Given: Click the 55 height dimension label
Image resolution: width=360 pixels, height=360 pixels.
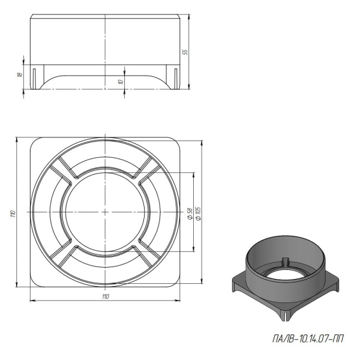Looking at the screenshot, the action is (185, 52).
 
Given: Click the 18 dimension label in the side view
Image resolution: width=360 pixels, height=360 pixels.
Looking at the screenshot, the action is (20, 74).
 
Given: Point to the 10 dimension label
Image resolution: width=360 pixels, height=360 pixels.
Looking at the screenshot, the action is (121, 81).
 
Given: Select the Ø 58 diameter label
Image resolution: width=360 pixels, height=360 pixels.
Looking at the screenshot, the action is (190, 214).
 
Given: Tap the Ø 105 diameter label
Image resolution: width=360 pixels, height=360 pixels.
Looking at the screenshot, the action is (198, 214).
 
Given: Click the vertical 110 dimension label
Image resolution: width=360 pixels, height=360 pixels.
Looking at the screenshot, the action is (13, 214).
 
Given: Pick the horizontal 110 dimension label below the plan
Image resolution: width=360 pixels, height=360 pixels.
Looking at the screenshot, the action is (106, 296).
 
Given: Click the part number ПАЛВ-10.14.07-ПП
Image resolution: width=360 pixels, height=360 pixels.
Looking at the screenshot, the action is (308, 338).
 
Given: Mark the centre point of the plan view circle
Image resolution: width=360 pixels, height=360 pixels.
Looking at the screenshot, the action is (105, 212).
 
